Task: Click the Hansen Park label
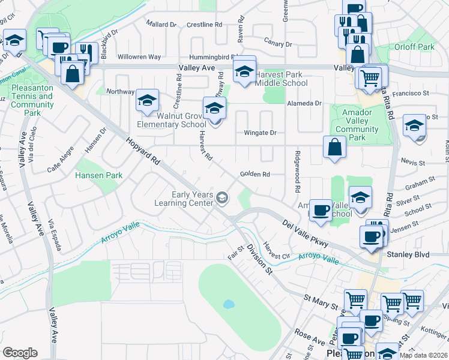click(99, 175)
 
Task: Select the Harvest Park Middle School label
click(278, 79)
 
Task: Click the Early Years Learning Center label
click(193, 199)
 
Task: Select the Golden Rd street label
click(255, 174)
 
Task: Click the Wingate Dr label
click(259, 133)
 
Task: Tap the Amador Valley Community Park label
click(357, 125)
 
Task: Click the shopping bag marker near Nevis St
click(334, 148)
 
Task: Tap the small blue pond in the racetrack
click(229, 304)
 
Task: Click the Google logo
click(20, 353)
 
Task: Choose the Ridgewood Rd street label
click(297, 171)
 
